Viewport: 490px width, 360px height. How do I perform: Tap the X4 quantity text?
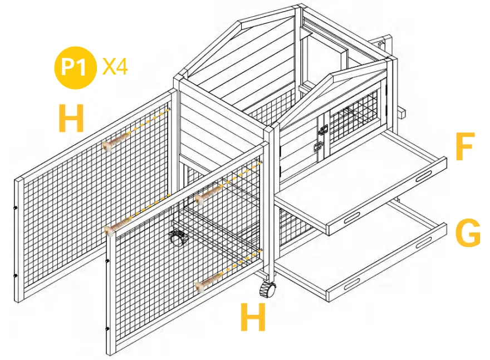[x=115, y=67]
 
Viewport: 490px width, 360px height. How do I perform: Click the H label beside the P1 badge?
[x=71, y=119]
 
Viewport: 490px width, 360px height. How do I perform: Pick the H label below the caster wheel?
[x=252, y=318]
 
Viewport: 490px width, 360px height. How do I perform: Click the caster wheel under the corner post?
[x=268, y=289]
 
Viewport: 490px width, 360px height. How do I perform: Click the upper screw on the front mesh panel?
[x=209, y=192]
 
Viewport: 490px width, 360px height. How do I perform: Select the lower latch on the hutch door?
[x=319, y=148]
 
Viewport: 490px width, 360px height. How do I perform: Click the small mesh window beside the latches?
[x=355, y=117]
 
